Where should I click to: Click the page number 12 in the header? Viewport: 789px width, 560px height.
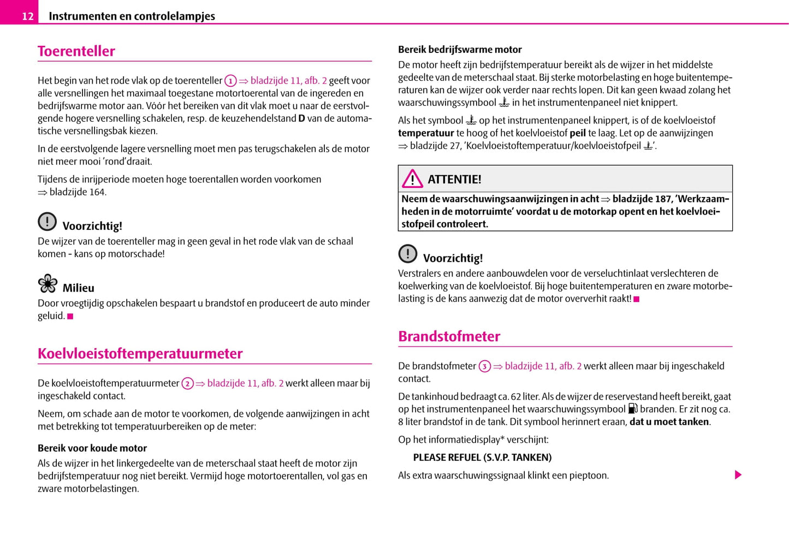pyautogui.click(x=27, y=16)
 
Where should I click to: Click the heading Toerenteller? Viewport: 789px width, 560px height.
pyautogui.click(x=76, y=51)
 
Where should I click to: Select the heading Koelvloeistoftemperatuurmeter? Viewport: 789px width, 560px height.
pyautogui.click(x=140, y=354)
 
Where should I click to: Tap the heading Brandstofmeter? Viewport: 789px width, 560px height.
pyautogui.click(x=449, y=336)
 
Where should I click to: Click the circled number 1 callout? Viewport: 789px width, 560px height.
pyautogui.click(x=230, y=81)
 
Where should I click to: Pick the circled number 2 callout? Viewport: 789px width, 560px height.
pyautogui.click(x=187, y=384)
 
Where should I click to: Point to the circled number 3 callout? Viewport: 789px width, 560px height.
pyautogui.click(x=484, y=367)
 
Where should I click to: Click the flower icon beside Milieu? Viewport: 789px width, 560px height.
pyautogui.click(x=48, y=283)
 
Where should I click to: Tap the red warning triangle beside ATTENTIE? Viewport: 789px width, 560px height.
pyautogui.click(x=412, y=178)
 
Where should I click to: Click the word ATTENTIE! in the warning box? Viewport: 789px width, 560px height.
pyautogui.click(x=454, y=180)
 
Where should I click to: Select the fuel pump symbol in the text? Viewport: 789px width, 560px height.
pyautogui.click(x=632, y=408)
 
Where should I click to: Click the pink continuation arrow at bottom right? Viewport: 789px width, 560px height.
pyautogui.click(x=738, y=475)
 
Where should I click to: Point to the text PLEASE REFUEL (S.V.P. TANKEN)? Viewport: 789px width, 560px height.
pyautogui.click(x=482, y=457)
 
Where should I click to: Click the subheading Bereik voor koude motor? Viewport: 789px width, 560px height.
pyautogui.click(x=92, y=448)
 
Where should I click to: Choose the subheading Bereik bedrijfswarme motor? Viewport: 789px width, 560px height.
pyautogui.click(x=460, y=50)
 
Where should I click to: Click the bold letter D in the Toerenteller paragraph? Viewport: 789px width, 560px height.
pyautogui.click(x=301, y=118)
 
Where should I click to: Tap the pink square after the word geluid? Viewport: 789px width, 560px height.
pyautogui.click(x=70, y=317)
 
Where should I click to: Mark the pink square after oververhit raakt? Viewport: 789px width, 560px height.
pyautogui.click(x=637, y=299)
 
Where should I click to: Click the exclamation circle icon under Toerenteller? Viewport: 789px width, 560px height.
pyautogui.click(x=48, y=221)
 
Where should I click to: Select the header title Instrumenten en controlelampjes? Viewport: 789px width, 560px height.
pyautogui.click(x=132, y=16)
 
